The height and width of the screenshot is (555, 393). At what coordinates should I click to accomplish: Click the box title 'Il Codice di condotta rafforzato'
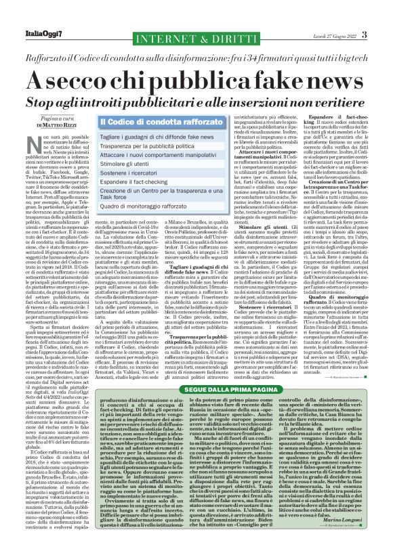(x=148, y=122)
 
